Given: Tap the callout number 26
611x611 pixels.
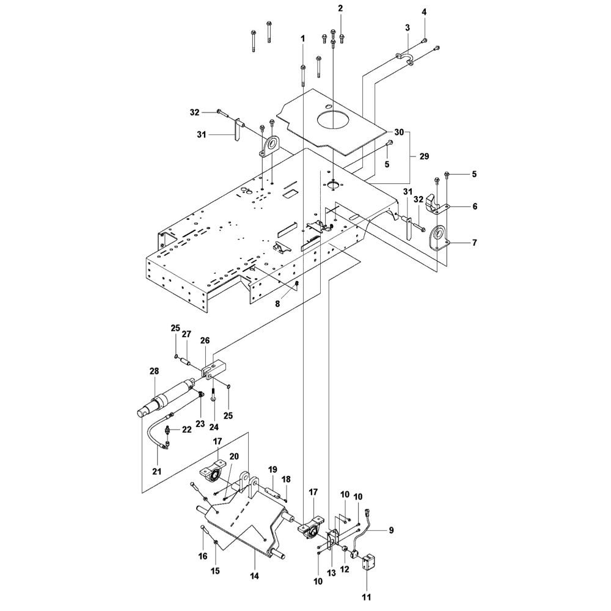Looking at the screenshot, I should [205, 340].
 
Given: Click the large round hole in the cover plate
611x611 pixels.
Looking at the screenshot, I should [334, 117].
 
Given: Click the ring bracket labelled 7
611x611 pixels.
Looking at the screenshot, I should [437, 238].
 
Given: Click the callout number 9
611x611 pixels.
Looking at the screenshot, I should [390, 530].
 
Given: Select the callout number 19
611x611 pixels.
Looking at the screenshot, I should [273, 469].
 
